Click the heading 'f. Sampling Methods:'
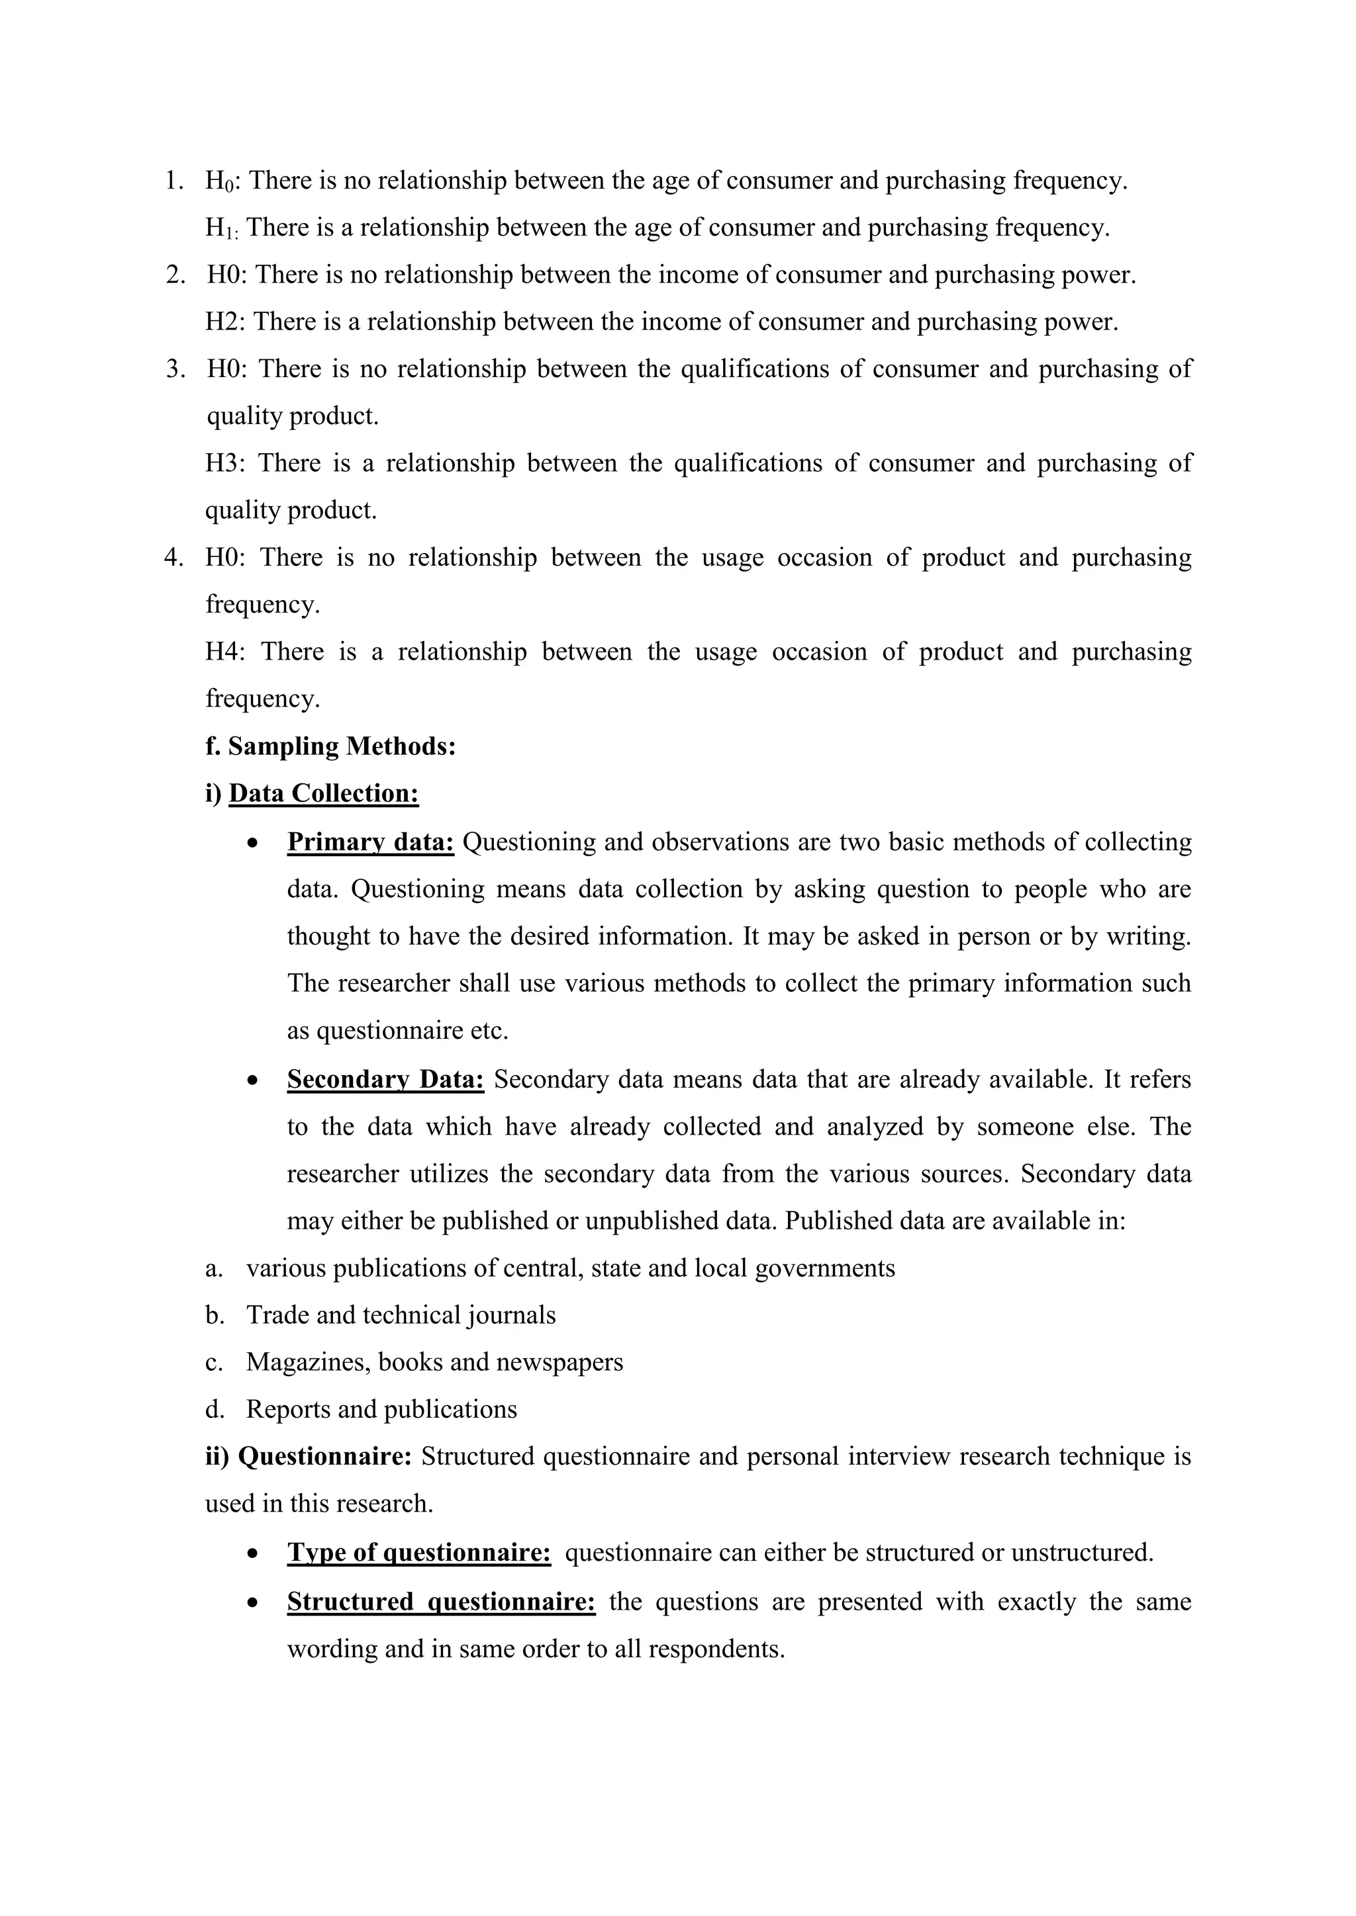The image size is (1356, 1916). point(330,746)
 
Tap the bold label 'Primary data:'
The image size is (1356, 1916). point(370,842)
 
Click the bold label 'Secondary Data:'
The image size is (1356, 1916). point(385,1079)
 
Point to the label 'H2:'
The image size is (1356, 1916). point(224,322)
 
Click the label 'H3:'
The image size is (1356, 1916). point(225,463)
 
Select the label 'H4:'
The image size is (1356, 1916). point(225,651)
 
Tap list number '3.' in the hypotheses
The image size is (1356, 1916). point(175,369)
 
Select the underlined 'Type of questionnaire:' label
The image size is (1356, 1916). point(418,1552)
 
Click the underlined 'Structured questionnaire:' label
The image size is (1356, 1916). point(441,1601)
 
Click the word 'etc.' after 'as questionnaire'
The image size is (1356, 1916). point(487,1031)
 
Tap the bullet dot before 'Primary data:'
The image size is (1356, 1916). point(253,844)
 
